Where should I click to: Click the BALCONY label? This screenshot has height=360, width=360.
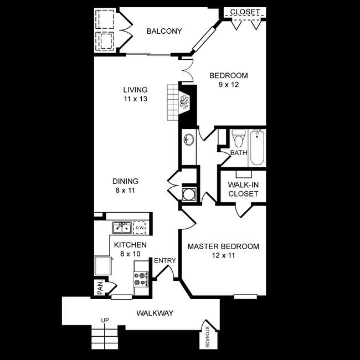[x=163, y=31]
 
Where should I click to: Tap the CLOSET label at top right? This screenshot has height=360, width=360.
[x=245, y=12]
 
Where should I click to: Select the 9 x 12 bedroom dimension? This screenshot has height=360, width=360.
[x=228, y=85]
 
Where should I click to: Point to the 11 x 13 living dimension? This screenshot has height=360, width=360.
[x=135, y=99]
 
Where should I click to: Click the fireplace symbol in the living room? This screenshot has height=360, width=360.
[x=184, y=100]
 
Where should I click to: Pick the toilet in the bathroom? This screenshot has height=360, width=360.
[x=239, y=137]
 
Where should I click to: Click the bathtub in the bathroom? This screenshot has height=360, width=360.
[x=257, y=147]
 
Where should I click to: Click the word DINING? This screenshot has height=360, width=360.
[x=125, y=181]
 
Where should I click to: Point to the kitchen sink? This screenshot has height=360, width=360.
[x=120, y=227]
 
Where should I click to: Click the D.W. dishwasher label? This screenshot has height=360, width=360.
[x=140, y=227]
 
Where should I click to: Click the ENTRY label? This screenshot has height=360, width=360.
[x=164, y=261]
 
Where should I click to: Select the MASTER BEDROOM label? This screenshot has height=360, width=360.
[x=223, y=246]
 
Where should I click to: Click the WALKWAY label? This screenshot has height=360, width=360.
[x=155, y=313]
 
